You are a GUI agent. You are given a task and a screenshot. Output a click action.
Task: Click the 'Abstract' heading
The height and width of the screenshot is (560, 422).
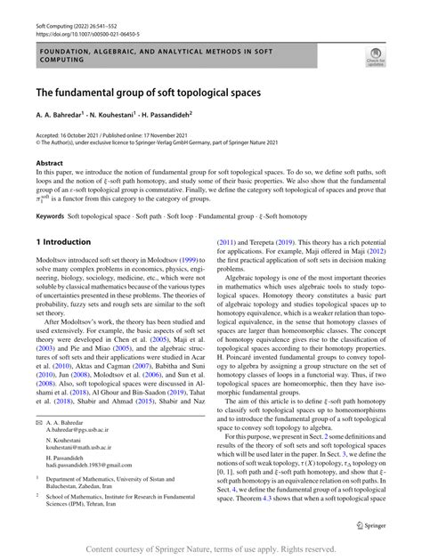[x=49, y=163]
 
